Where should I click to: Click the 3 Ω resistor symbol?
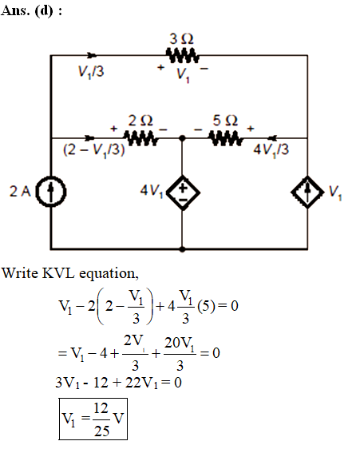[182, 55]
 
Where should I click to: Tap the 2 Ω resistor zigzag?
[140, 138]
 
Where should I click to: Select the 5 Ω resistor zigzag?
[226, 138]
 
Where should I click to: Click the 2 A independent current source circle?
[51, 191]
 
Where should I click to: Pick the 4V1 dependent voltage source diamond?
[183, 192]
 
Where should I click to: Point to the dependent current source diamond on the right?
[307, 192]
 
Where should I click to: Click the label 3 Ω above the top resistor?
[181, 39]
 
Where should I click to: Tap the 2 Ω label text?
[140, 121]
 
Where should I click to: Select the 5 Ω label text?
[225, 121]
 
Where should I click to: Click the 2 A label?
[20, 191]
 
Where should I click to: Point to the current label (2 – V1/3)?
[94, 149]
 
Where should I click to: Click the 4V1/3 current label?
[271, 149]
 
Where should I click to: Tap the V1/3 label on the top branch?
[91, 72]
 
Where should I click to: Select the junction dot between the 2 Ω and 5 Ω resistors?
[182, 138]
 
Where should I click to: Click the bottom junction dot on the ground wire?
[182, 249]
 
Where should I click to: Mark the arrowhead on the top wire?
[92, 55]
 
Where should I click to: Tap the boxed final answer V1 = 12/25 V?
[93, 419]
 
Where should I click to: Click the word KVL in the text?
[59, 273]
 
